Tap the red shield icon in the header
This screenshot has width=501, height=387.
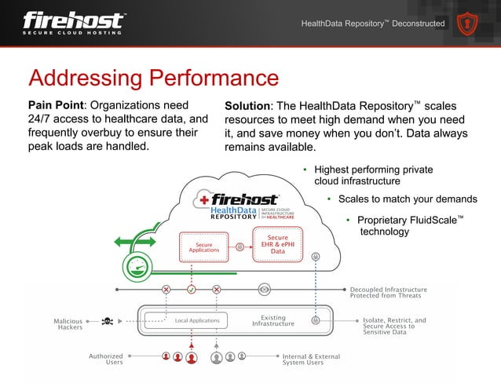click(471, 24)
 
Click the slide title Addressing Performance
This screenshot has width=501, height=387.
click(153, 78)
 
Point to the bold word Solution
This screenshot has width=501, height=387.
click(247, 106)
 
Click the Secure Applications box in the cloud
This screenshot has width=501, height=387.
click(203, 246)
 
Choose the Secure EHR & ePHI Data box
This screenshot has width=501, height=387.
click(278, 244)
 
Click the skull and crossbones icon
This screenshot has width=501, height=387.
click(108, 320)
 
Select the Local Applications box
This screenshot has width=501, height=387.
click(196, 320)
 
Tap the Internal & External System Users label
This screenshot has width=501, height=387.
click(311, 360)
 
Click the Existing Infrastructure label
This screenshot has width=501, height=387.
click(272, 320)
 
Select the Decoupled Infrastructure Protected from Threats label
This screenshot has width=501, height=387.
click(388, 292)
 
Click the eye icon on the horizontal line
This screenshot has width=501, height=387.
click(265, 289)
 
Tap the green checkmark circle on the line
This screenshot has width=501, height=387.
click(191, 289)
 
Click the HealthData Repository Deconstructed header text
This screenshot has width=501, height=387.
click(373, 24)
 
